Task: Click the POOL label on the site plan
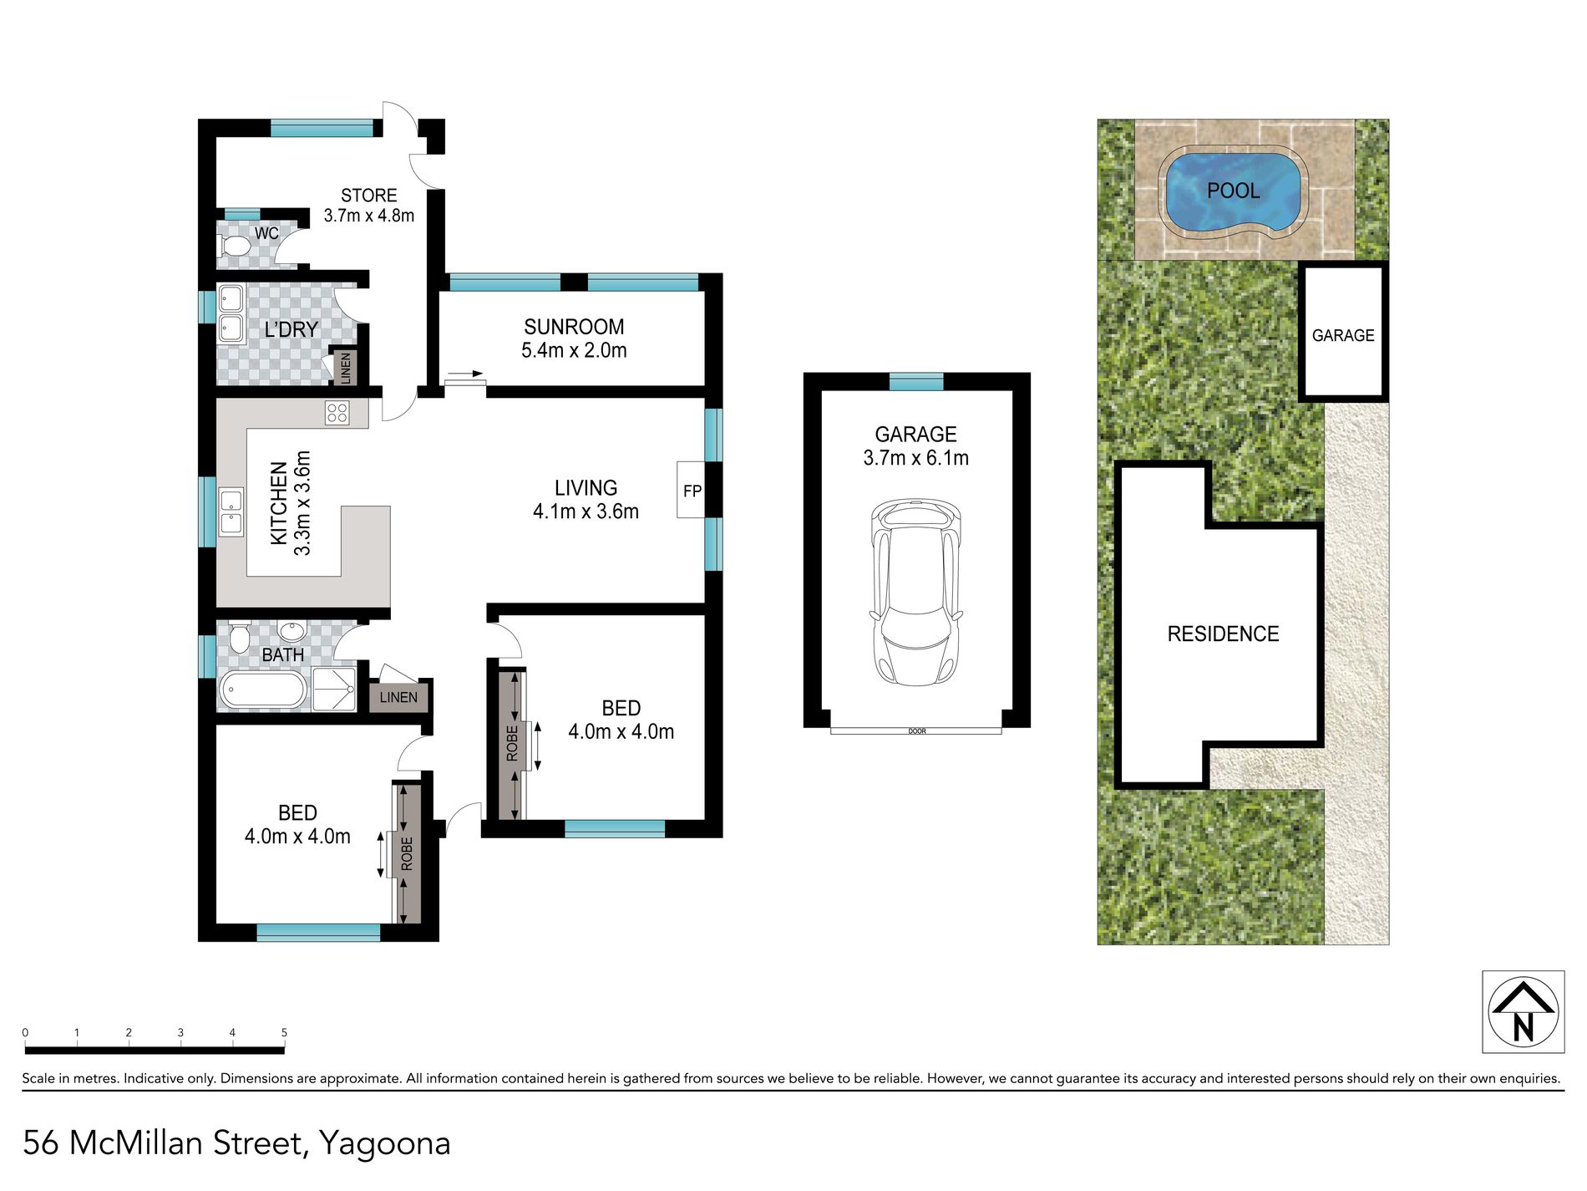[x=1233, y=191]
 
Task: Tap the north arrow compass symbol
[x=1523, y=1012]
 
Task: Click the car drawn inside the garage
[x=916, y=592]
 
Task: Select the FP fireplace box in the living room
[x=691, y=490]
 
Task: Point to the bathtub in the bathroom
[x=262, y=691]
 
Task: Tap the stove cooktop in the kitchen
[x=337, y=413]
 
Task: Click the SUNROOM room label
[x=574, y=327]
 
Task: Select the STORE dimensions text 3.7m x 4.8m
[x=368, y=216]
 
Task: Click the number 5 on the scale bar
[x=284, y=1033]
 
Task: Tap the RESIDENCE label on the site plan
[x=1223, y=634]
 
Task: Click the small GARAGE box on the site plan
[x=1342, y=334]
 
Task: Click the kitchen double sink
[x=231, y=512]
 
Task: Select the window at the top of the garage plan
[x=915, y=382]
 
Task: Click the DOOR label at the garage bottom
[x=916, y=731]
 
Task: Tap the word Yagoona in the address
[x=385, y=1143]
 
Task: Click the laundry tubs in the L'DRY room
[x=231, y=314]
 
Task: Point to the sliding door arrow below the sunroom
[x=465, y=374]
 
